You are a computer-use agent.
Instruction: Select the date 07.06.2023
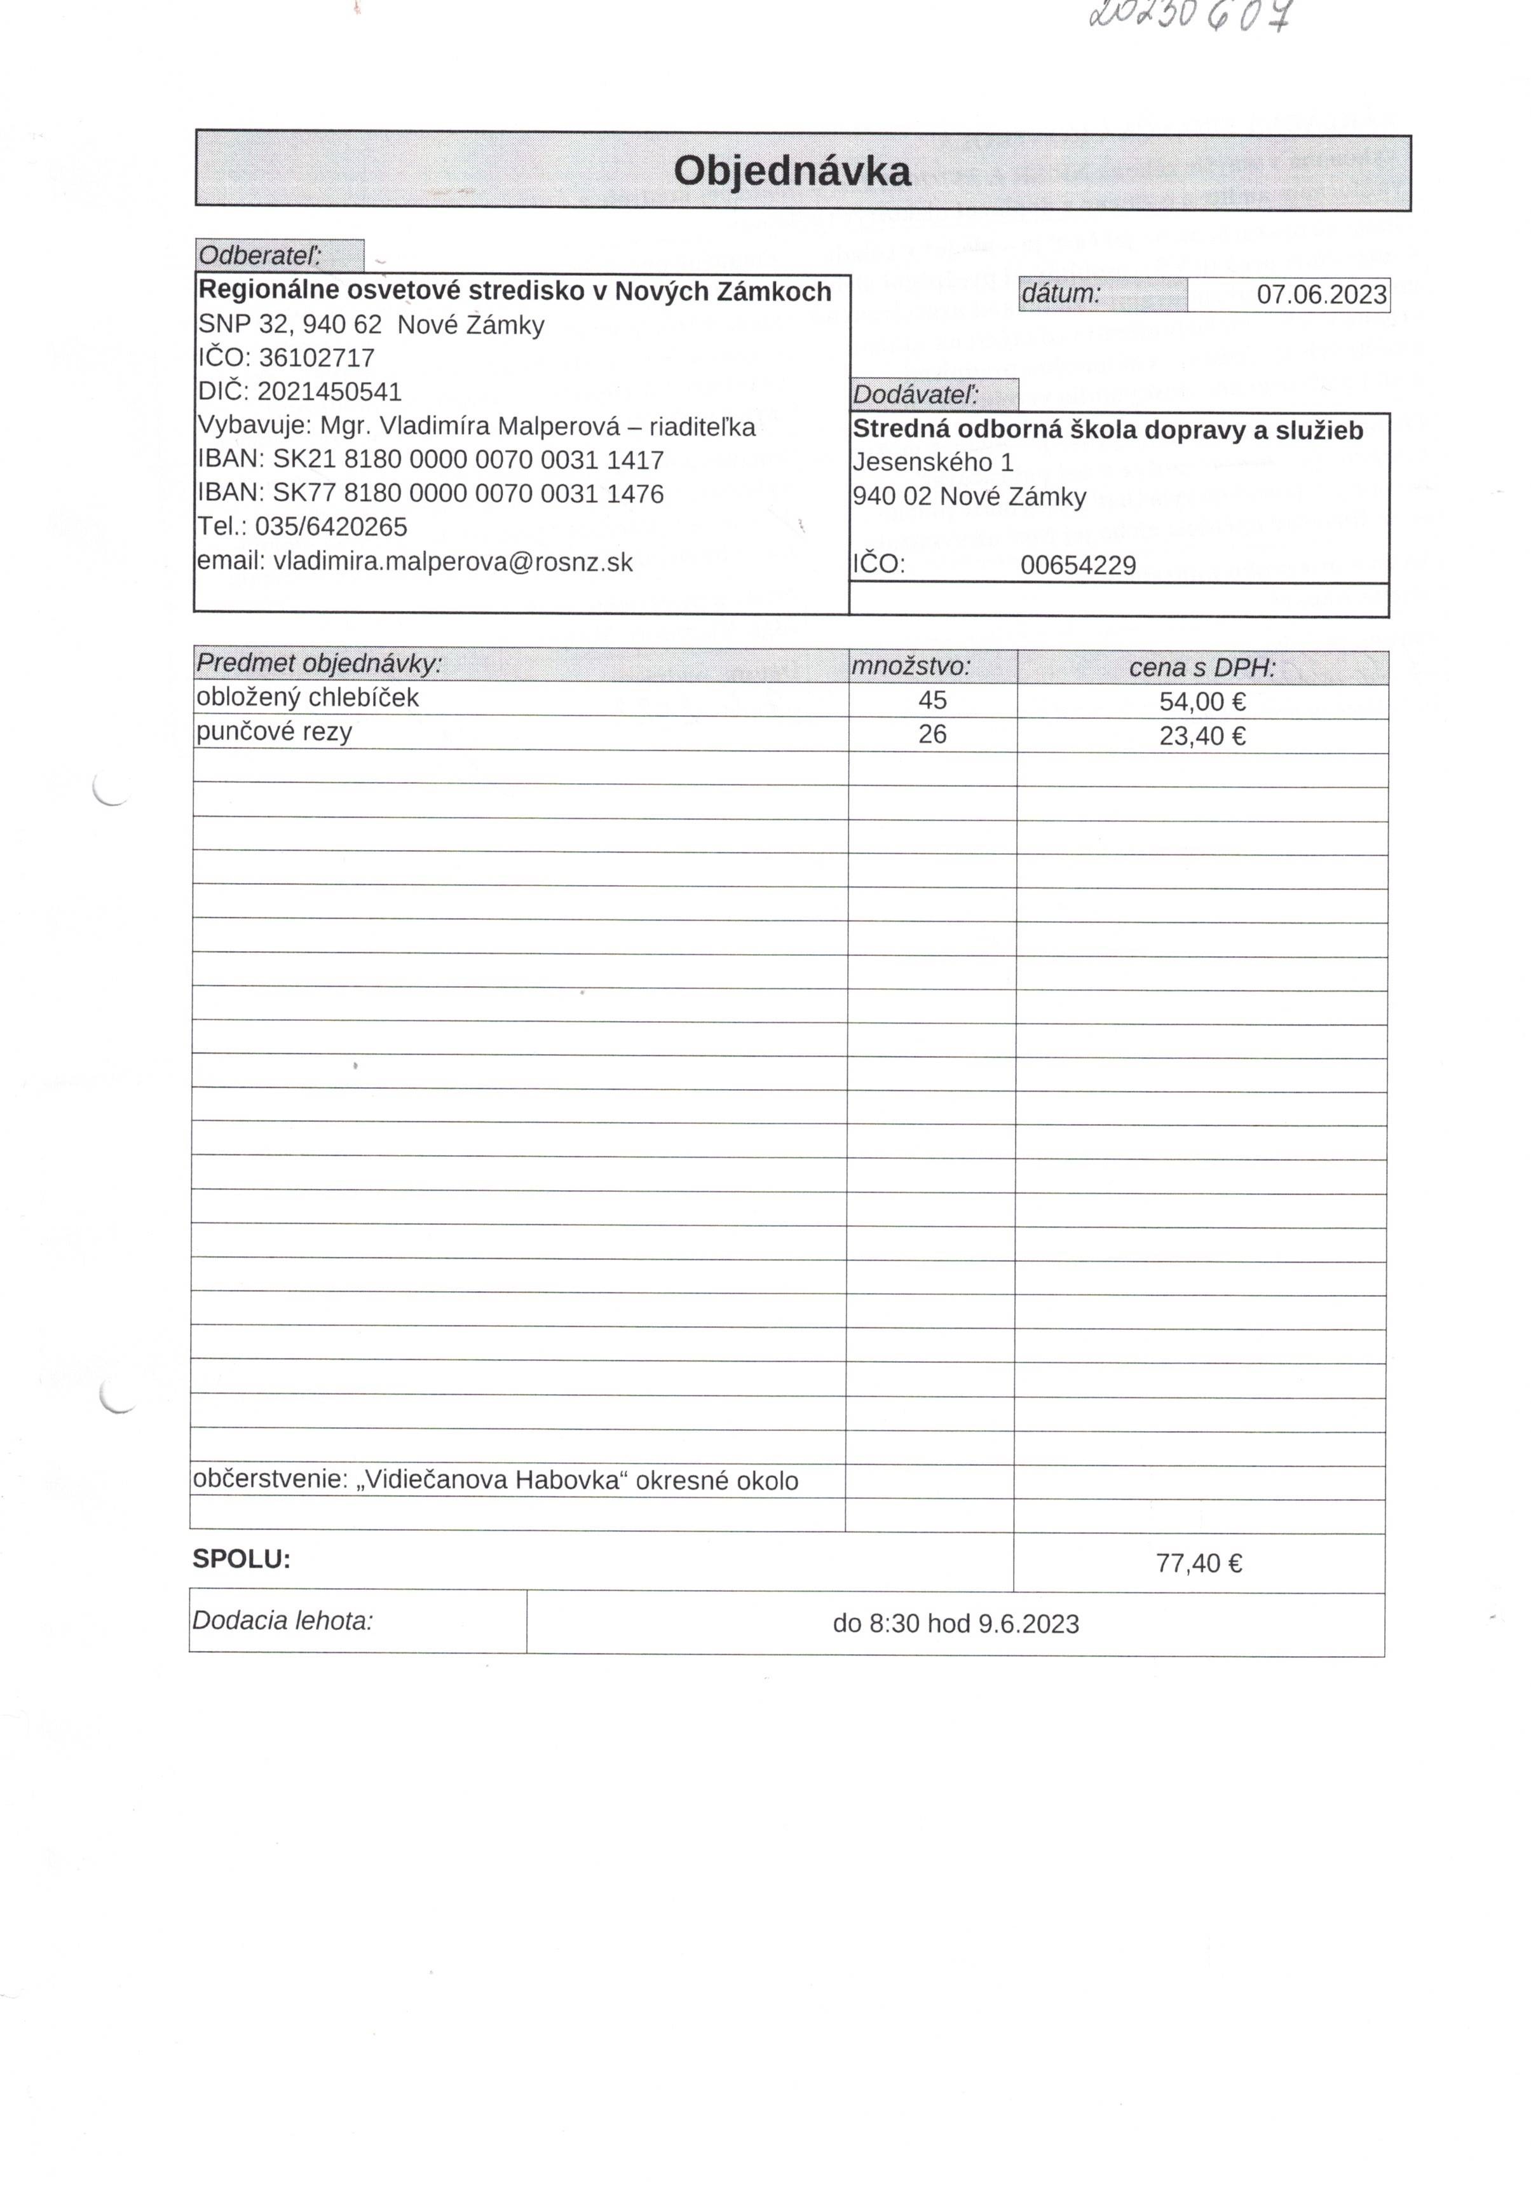[x=1321, y=295]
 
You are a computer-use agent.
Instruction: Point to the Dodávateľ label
[x=915, y=395]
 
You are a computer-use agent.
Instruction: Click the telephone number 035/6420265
[x=331, y=527]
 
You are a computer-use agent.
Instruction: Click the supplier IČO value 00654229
[x=1078, y=565]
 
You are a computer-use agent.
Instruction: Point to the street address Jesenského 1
[x=932, y=463]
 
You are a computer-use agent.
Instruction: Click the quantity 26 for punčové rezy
[x=932, y=734]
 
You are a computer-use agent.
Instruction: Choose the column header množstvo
[x=911, y=666]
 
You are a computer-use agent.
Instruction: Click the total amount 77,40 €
[x=1198, y=1563]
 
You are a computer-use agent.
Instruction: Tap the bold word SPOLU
[x=241, y=1559]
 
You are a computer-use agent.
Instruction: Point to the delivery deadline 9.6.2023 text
[x=955, y=1624]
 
